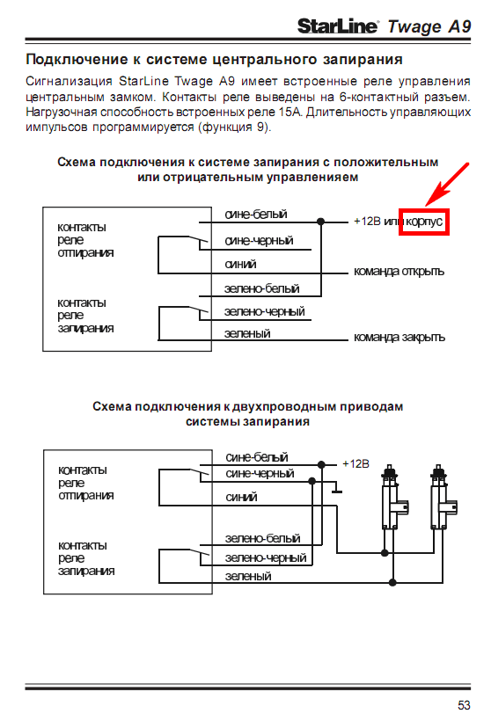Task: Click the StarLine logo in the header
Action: click(338, 26)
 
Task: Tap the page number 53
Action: click(464, 705)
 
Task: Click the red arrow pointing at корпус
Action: click(447, 185)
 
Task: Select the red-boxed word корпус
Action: click(424, 222)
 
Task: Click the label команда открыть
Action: click(399, 272)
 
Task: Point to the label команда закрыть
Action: click(399, 337)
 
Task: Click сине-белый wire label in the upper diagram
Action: click(256, 215)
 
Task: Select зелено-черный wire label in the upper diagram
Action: click(265, 311)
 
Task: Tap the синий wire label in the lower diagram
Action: click(241, 497)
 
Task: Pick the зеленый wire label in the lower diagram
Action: click(248, 576)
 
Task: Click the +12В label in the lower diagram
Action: click(355, 463)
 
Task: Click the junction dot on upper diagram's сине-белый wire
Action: click(321, 222)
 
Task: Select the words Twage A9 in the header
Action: click(429, 26)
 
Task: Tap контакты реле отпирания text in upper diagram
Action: click(85, 239)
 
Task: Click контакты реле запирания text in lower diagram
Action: click(86, 557)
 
